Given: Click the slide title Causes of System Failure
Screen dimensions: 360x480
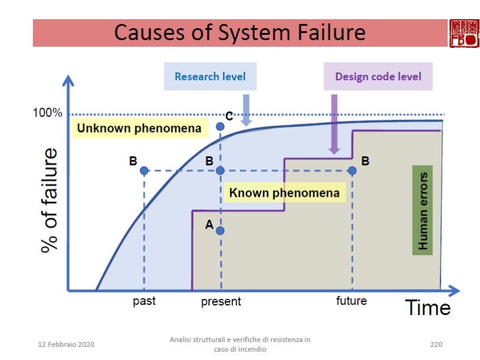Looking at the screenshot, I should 239,32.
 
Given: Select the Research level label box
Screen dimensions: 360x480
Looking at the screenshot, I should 210,77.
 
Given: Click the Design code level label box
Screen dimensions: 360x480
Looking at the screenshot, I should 378,77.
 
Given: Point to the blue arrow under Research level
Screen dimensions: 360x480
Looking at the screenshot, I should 246,109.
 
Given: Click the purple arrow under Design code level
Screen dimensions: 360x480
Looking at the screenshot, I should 334,124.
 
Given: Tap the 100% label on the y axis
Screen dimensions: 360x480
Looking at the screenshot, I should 47,113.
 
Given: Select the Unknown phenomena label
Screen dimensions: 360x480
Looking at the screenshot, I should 139,128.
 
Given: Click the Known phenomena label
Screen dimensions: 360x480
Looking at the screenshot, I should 284,193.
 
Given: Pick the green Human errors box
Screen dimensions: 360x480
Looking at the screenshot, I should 422,211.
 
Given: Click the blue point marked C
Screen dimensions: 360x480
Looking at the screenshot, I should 220,126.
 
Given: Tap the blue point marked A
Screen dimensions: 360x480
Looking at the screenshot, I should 220,230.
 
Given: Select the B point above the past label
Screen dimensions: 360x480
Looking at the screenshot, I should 144,170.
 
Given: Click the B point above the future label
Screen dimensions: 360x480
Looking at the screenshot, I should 352,170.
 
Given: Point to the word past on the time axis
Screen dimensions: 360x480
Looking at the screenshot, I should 144,301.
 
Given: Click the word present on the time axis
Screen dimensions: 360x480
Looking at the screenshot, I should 221,301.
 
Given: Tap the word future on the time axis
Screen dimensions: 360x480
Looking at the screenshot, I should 352,300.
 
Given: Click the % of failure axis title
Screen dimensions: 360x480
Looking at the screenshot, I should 50,200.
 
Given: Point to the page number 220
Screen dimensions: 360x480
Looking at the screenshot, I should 436,344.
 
